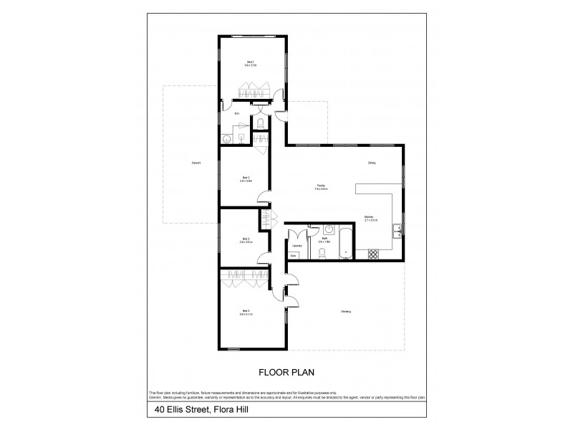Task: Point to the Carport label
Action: [196, 163]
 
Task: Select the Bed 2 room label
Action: [246, 179]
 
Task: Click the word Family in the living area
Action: [322, 187]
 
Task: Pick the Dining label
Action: [372, 163]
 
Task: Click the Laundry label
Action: [296, 245]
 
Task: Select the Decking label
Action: [346, 311]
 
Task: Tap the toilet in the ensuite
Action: [260, 124]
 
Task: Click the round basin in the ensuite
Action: [227, 138]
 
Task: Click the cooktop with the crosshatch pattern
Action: [372, 253]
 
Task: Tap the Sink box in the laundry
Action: [293, 255]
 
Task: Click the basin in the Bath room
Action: [328, 230]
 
